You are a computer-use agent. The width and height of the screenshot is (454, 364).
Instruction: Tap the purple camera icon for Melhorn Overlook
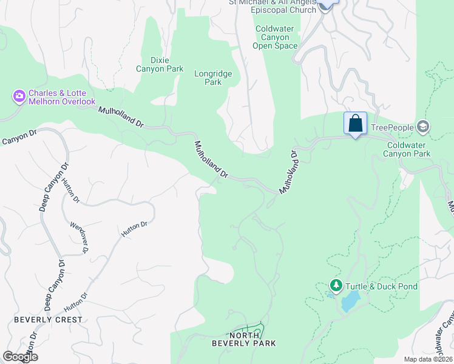point(19,95)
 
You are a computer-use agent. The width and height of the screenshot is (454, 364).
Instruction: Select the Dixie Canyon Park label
point(158,64)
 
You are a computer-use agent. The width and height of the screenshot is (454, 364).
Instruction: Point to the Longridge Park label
point(212,78)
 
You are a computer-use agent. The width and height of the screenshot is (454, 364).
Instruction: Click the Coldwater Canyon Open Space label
point(276,36)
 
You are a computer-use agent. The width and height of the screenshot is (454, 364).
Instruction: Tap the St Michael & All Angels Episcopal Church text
point(272,6)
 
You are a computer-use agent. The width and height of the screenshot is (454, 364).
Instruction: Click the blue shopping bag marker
point(355,124)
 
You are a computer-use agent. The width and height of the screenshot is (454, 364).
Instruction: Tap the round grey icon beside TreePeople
point(423,127)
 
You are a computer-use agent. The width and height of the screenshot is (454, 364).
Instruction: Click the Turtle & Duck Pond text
point(381,286)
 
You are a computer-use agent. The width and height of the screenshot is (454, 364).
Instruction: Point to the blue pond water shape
point(350,301)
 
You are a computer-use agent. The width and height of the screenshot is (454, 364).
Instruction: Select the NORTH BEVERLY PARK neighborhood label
point(244,339)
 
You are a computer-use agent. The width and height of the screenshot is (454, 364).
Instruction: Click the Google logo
point(20,357)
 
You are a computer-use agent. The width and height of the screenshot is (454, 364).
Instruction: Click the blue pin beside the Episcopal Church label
point(326,4)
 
